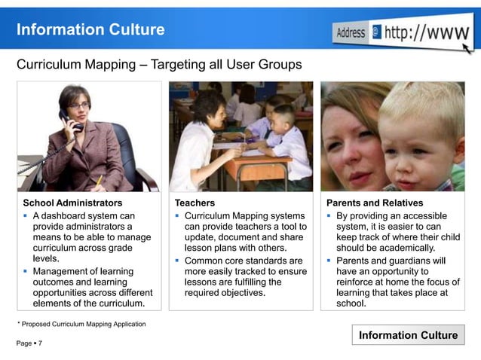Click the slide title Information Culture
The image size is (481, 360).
(x=90, y=30)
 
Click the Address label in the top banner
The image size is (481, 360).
(x=351, y=33)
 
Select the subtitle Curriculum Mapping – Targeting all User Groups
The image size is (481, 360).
(x=159, y=65)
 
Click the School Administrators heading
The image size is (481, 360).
(x=72, y=203)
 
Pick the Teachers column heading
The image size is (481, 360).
(x=195, y=203)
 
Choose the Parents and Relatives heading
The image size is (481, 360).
(x=375, y=203)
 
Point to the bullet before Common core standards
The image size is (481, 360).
(x=178, y=261)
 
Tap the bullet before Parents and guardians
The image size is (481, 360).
(x=329, y=261)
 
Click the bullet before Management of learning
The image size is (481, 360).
(x=26, y=271)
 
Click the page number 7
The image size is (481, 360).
(x=40, y=343)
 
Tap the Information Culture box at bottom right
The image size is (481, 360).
(x=408, y=335)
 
